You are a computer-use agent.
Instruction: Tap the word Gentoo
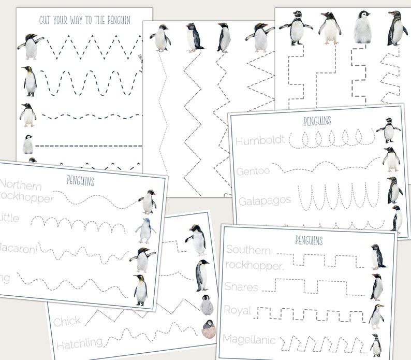click(253, 170)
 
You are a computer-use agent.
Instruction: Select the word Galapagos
click(265, 200)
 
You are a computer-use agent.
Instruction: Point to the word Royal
click(238, 311)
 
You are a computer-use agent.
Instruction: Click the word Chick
click(67, 321)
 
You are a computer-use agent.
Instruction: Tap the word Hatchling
click(78, 343)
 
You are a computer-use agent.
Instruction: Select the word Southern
click(248, 251)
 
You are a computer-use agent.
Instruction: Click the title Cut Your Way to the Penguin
click(85, 20)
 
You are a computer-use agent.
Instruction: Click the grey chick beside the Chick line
click(207, 305)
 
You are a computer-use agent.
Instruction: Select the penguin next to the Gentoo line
click(391, 160)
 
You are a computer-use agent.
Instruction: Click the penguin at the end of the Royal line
click(376, 316)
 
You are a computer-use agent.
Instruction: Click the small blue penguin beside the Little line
click(145, 231)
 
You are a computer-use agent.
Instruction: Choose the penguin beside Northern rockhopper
click(148, 201)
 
